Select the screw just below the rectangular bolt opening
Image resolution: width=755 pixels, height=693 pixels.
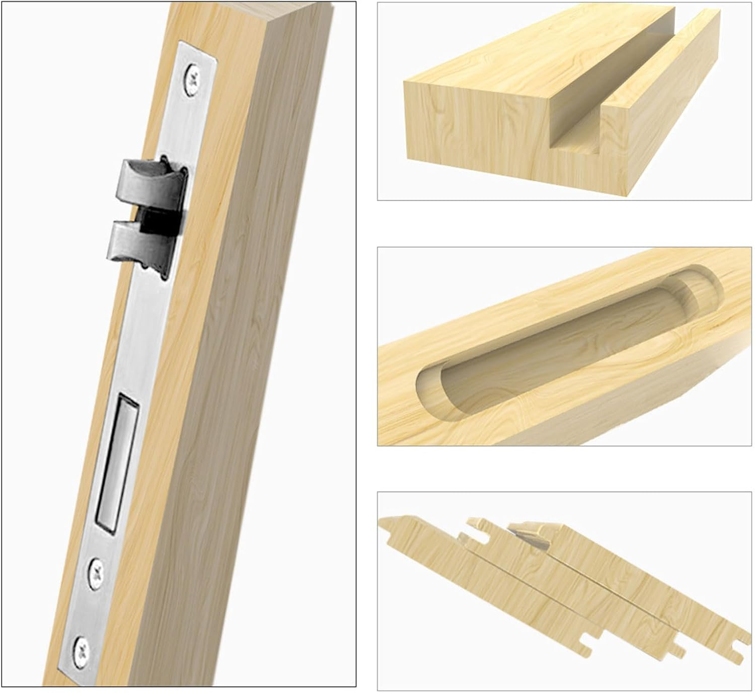[x=97, y=573]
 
